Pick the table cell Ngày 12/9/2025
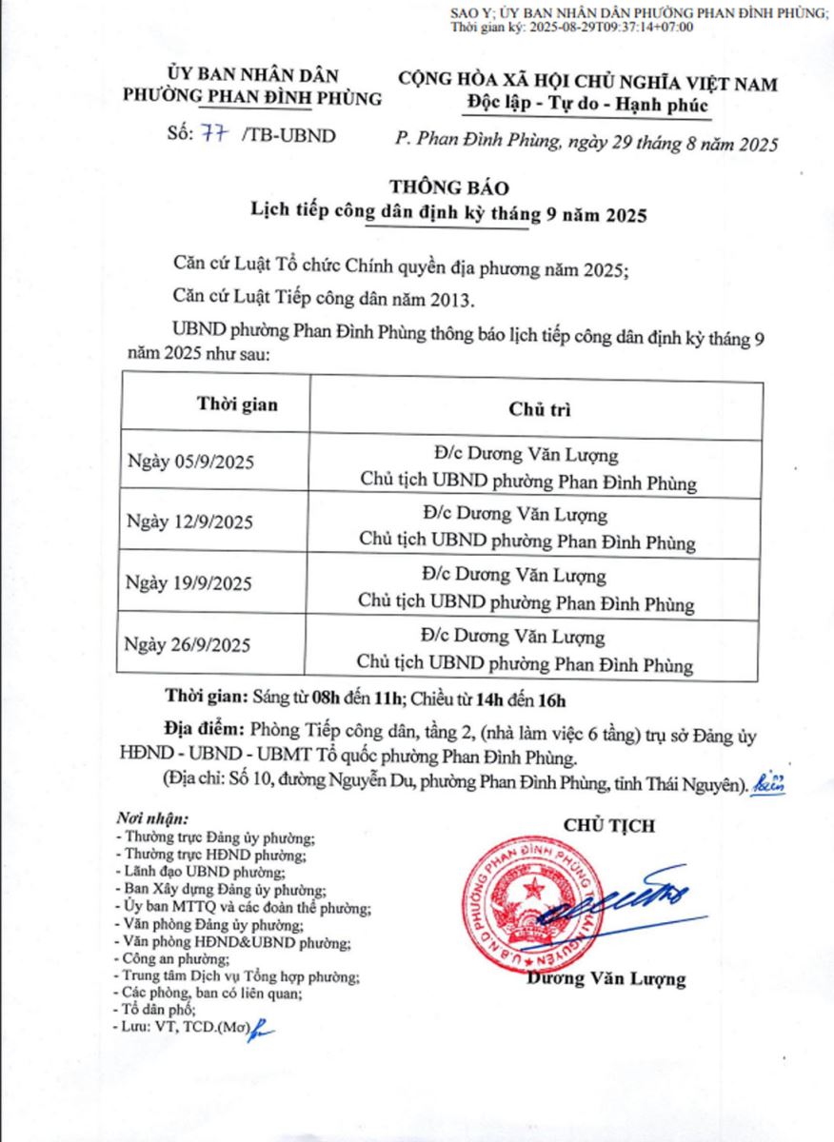click(189, 523)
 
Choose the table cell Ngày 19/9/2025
click(189, 584)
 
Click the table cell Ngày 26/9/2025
click(189, 645)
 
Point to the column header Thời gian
click(237, 404)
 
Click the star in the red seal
click(534, 891)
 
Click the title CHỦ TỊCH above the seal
click(609, 825)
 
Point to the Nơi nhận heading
click(152, 818)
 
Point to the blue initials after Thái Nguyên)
click(769, 782)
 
